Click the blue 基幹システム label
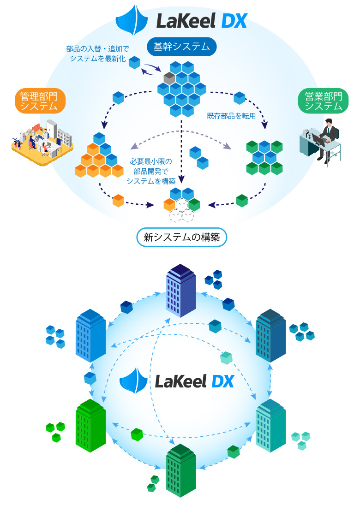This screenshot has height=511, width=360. coord(181,47)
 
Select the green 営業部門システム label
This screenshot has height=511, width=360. coord(323,101)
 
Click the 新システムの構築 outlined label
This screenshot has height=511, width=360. coord(181,238)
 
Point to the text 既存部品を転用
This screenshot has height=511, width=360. coord(231,116)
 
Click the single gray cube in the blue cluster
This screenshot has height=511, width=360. coord(169,77)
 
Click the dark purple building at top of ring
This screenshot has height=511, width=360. coord(181,291)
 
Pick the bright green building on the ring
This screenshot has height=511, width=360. coord(90,425)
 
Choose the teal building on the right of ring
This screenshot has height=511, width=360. coord(271,425)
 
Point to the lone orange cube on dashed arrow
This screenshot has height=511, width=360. coord(119,201)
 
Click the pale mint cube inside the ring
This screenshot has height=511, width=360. coord(226,358)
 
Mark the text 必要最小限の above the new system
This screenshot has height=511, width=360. coord(150,161)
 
